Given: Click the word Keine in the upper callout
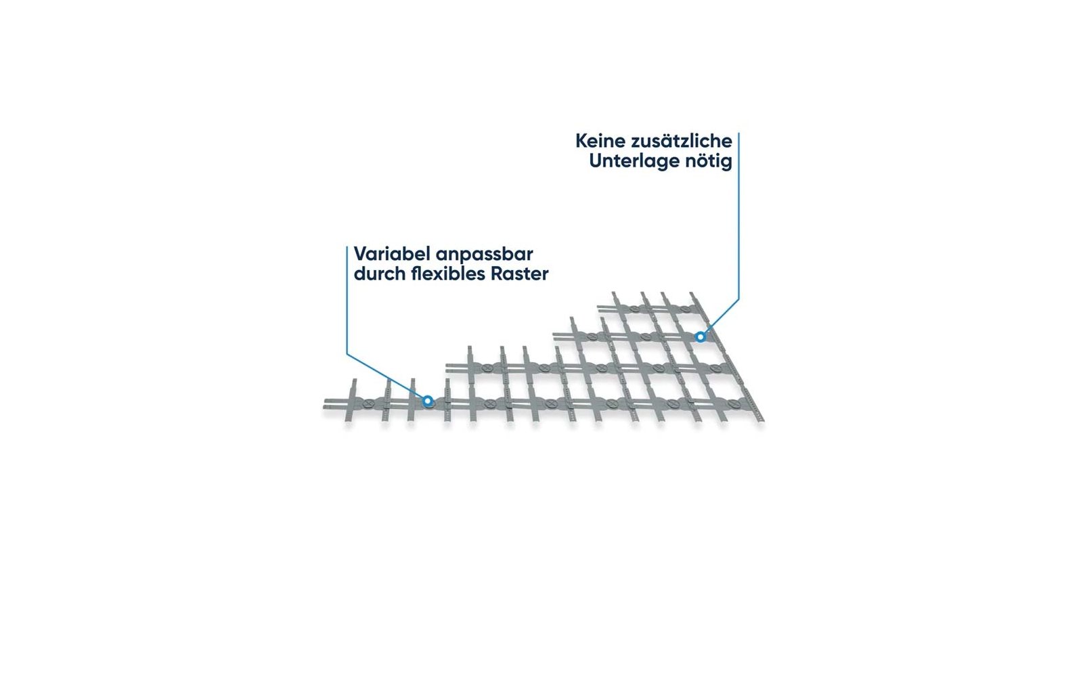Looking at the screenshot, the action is [600, 141].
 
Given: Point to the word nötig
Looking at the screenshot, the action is [708, 161].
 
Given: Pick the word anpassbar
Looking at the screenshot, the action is [485, 255].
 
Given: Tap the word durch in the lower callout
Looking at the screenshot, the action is [380, 274].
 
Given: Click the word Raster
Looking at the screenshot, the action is [520, 274].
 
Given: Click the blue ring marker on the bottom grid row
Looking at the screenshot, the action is [427, 401].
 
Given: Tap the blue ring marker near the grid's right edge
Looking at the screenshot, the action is [700, 336].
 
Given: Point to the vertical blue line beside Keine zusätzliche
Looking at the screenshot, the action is [738, 216].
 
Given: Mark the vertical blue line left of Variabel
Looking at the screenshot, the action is [347, 300].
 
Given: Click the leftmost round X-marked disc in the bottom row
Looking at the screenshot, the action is [368, 402].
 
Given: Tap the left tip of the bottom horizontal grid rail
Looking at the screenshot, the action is [324, 402].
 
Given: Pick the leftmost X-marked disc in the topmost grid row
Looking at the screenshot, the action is [634, 308].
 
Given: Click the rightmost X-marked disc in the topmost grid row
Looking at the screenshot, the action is [685, 308].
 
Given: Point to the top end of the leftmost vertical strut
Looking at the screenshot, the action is [355, 380].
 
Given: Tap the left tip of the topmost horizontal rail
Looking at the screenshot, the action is [598, 307].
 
